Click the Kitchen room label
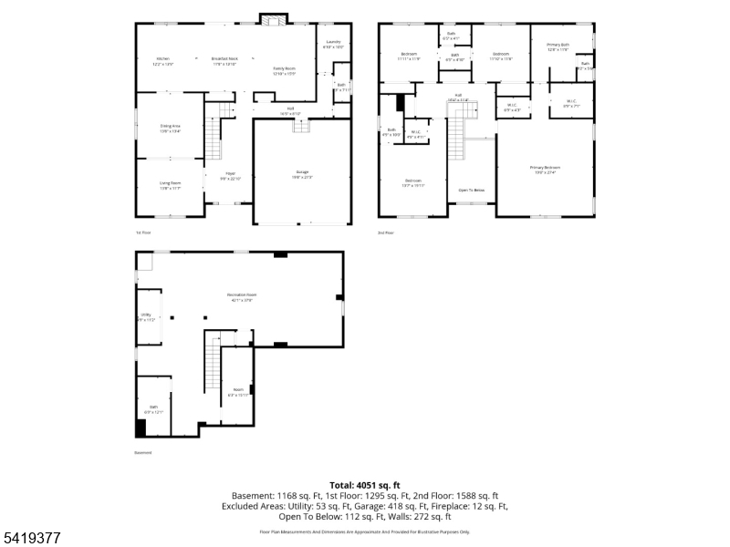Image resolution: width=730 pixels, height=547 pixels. pyautogui.click(x=163, y=60)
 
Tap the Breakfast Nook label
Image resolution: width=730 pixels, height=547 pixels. pyautogui.click(x=224, y=60)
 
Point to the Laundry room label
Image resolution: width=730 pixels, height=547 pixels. pyautogui.click(x=334, y=43)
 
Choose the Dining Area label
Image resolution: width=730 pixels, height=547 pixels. pyautogui.click(x=171, y=127)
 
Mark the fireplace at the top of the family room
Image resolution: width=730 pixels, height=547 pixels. pyautogui.click(x=273, y=19)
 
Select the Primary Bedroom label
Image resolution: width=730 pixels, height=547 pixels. pyautogui.click(x=546, y=169)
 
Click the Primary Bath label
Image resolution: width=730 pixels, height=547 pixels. pyautogui.click(x=558, y=46)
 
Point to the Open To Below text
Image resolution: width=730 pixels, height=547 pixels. pyautogui.click(x=472, y=191)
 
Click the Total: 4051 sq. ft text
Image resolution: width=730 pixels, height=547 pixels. pyautogui.click(x=365, y=485)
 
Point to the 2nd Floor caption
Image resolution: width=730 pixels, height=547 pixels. pyautogui.click(x=386, y=233)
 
